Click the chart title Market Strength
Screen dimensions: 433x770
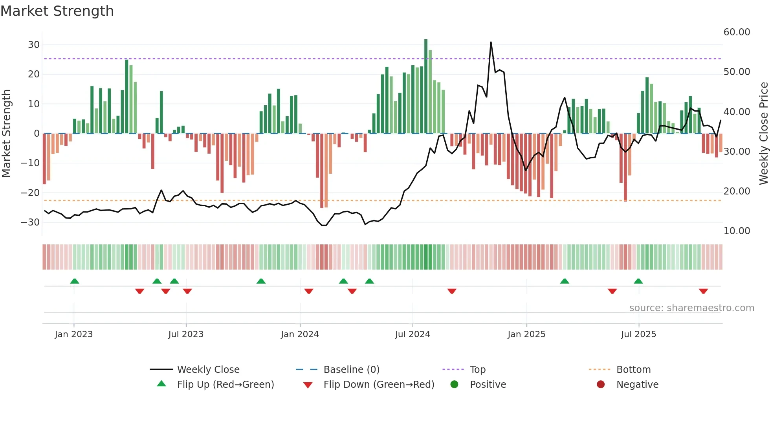click(x=57, y=11)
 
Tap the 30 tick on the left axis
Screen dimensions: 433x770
click(x=34, y=45)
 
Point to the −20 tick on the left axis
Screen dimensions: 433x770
click(x=31, y=193)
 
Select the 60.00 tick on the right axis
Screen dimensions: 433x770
click(x=737, y=32)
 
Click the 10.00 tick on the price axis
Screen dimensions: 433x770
click(x=737, y=231)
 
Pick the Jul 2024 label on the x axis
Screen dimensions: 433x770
click(x=412, y=334)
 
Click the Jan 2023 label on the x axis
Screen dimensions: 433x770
click(x=74, y=334)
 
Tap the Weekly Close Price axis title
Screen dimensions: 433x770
click(x=763, y=134)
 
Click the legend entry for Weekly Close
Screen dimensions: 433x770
click(x=208, y=370)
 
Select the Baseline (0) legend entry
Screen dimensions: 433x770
click(x=351, y=370)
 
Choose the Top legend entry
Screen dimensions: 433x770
click(x=478, y=370)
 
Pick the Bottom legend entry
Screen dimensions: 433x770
click(x=633, y=370)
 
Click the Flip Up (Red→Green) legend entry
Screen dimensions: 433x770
click(x=225, y=385)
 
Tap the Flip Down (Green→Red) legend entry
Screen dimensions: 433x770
click(x=379, y=385)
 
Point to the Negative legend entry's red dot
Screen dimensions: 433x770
click(x=601, y=385)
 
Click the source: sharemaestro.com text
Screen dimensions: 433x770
click(x=691, y=308)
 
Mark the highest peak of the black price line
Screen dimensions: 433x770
click(x=491, y=42)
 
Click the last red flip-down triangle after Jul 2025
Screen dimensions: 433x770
click(x=703, y=291)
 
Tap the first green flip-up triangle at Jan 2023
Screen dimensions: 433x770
click(x=75, y=281)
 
